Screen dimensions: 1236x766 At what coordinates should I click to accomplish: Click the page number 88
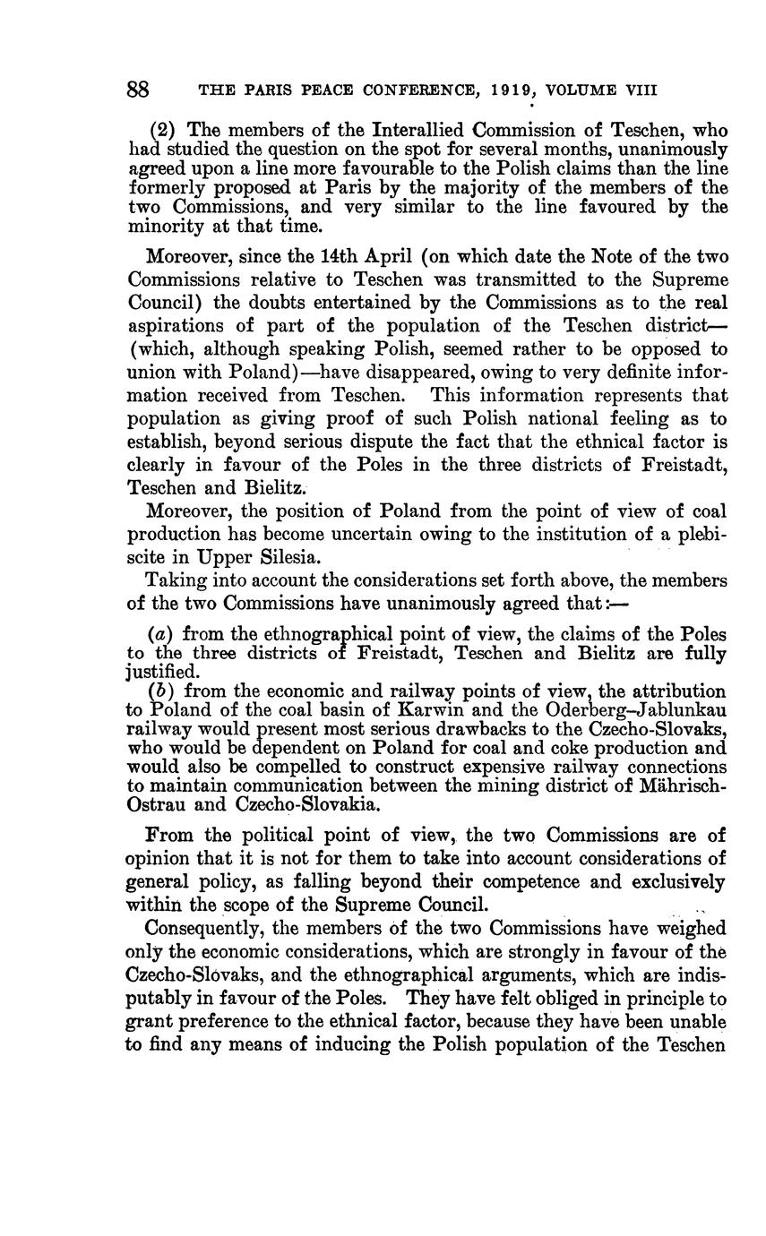point(137,90)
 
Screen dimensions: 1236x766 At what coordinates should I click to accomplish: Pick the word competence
point(600,881)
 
